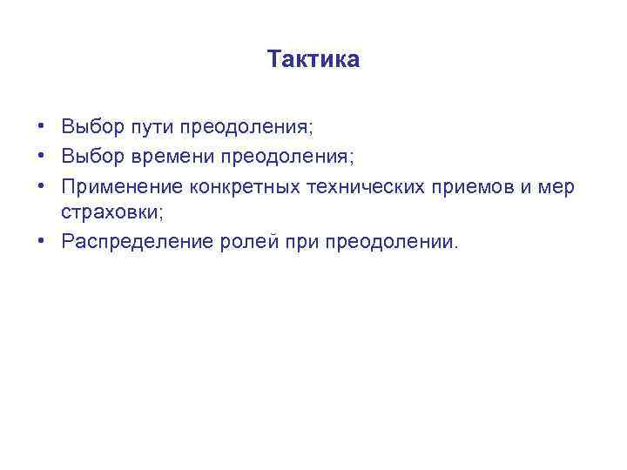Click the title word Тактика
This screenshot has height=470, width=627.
[313, 60]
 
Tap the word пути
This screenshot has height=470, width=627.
[152, 128]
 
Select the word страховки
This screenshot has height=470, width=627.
[107, 212]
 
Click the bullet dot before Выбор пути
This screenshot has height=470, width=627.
[42, 127]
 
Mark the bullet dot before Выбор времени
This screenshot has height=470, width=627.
[42, 156]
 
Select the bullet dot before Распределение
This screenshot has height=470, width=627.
[42, 240]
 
